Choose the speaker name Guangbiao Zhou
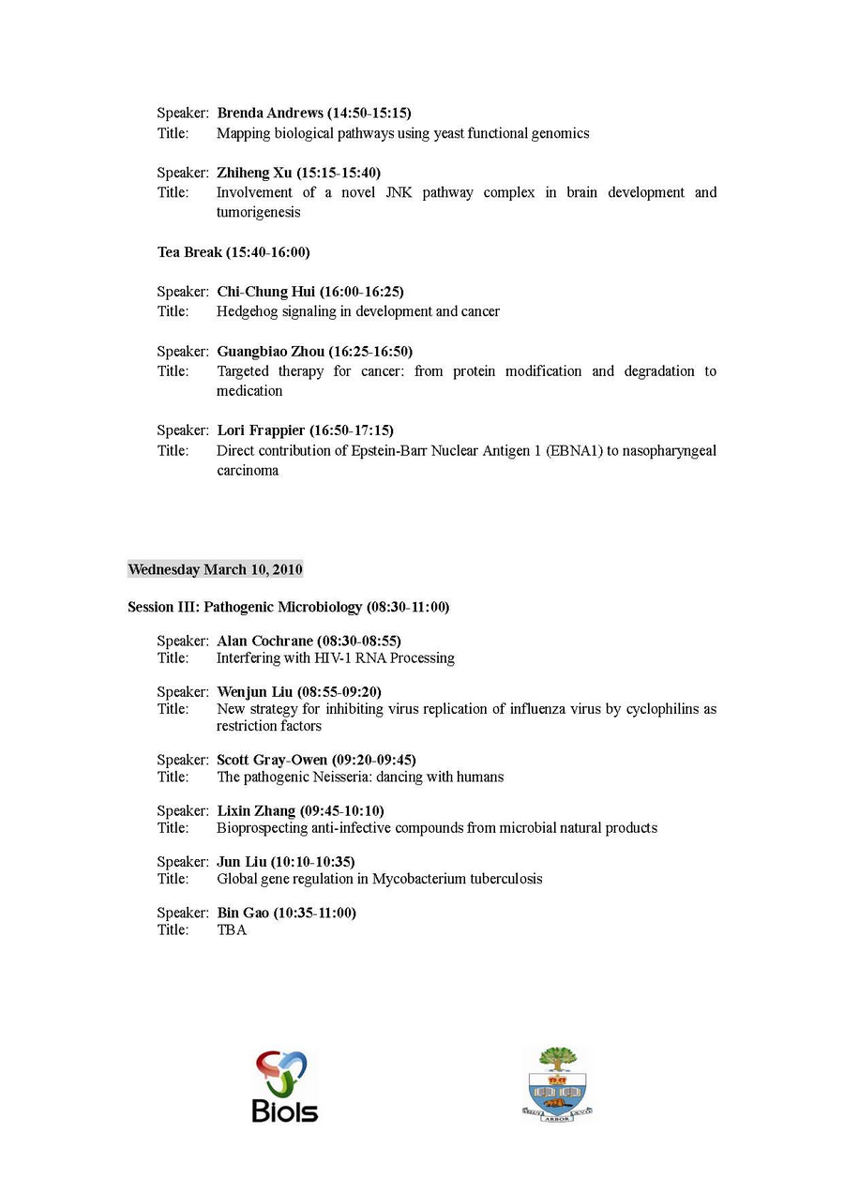[271, 352]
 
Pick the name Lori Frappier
[261, 430]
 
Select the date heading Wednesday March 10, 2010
[215, 569]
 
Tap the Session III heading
[288, 607]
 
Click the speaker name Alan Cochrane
[265, 641]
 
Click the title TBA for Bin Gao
[232, 929]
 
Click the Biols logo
[285, 1086]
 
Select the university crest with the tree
[558, 1084]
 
